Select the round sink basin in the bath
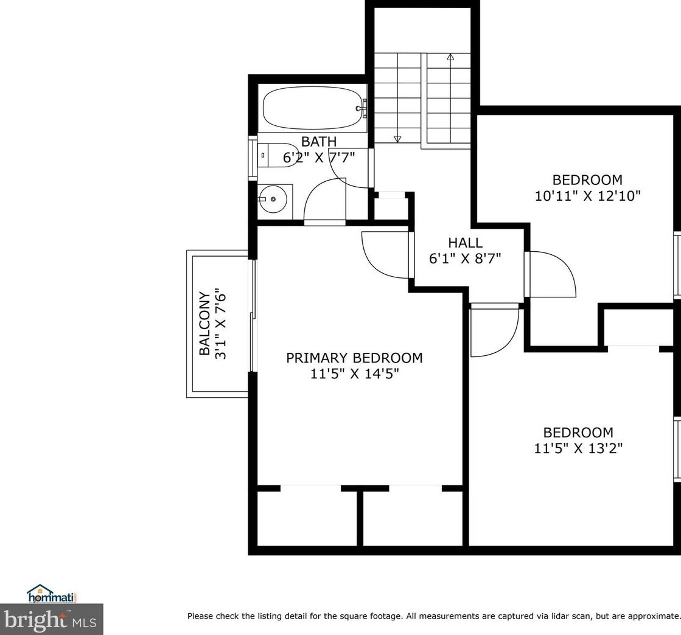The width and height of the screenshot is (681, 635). pyautogui.click(x=272, y=199)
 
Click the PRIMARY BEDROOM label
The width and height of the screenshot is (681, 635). pyautogui.click(x=354, y=358)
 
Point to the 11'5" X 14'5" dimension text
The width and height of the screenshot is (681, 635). pyautogui.click(x=354, y=373)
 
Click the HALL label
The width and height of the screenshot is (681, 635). pyautogui.click(x=465, y=242)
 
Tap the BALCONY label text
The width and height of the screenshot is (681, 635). pyautogui.click(x=204, y=324)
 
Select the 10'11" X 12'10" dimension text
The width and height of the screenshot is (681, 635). pyautogui.click(x=588, y=196)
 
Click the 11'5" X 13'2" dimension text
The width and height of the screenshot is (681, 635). pyautogui.click(x=578, y=448)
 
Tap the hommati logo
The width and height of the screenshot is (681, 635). pyautogui.click(x=52, y=593)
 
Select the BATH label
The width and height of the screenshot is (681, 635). pyautogui.click(x=319, y=142)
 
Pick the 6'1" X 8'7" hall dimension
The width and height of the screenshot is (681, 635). pyautogui.click(x=465, y=259)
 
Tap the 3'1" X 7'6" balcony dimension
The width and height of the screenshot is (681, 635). pyautogui.click(x=221, y=324)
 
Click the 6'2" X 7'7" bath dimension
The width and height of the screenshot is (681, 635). pyautogui.click(x=320, y=157)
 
